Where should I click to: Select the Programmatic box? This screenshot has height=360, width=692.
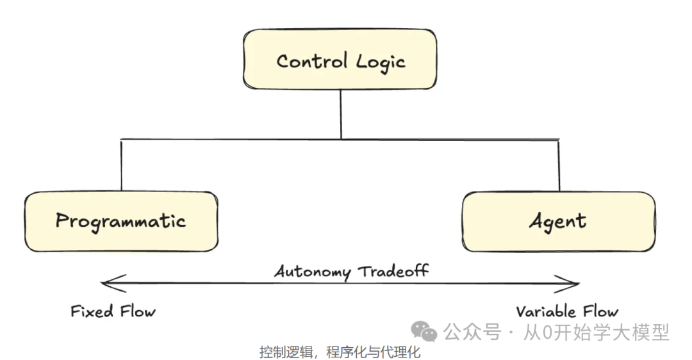pyautogui.click(x=120, y=221)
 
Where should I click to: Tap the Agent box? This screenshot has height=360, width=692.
pyautogui.click(x=558, y=221)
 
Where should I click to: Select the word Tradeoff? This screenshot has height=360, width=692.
pyautogui.click(x=393, y=270)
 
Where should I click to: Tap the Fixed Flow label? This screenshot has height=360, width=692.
pyautogui.click(x=113, y=312)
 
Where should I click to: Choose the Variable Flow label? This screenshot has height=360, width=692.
pyautogui.click(x=567, y=312)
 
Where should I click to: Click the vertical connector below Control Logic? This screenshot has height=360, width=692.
pyautogui.click(x=341, y=113)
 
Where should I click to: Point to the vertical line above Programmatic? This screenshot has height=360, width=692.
pyautogui.click(x=120, y=165)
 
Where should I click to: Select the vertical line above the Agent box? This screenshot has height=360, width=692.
pyautogui.click(x=559, y=165)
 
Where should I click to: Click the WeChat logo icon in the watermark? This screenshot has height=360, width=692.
pyautogui.click(x=424, y=331)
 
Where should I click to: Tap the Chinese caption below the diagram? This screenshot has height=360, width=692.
pyautogui.click(x=340, y=352)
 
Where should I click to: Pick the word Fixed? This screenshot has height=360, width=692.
pyautogui.click(x=92, y=312)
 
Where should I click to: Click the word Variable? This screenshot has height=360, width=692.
pyautogui.click(x=543, y=312)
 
